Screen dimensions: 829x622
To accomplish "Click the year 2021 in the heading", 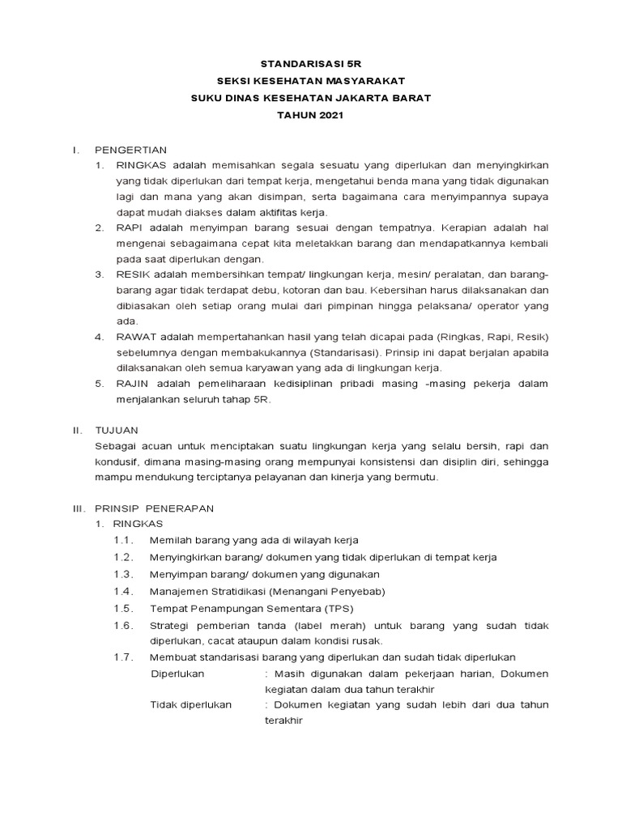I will coord(330,116).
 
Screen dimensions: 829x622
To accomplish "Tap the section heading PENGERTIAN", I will coord(130,150).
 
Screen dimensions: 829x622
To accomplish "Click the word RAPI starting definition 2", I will coord(128,227).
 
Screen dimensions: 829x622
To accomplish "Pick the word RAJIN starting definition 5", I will coord(131,383).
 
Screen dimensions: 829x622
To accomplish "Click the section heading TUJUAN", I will coord(117,430).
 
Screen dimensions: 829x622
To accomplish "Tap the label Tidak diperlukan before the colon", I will coord(191,704).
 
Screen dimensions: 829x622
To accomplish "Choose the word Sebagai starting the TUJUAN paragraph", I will coord(116,445).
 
